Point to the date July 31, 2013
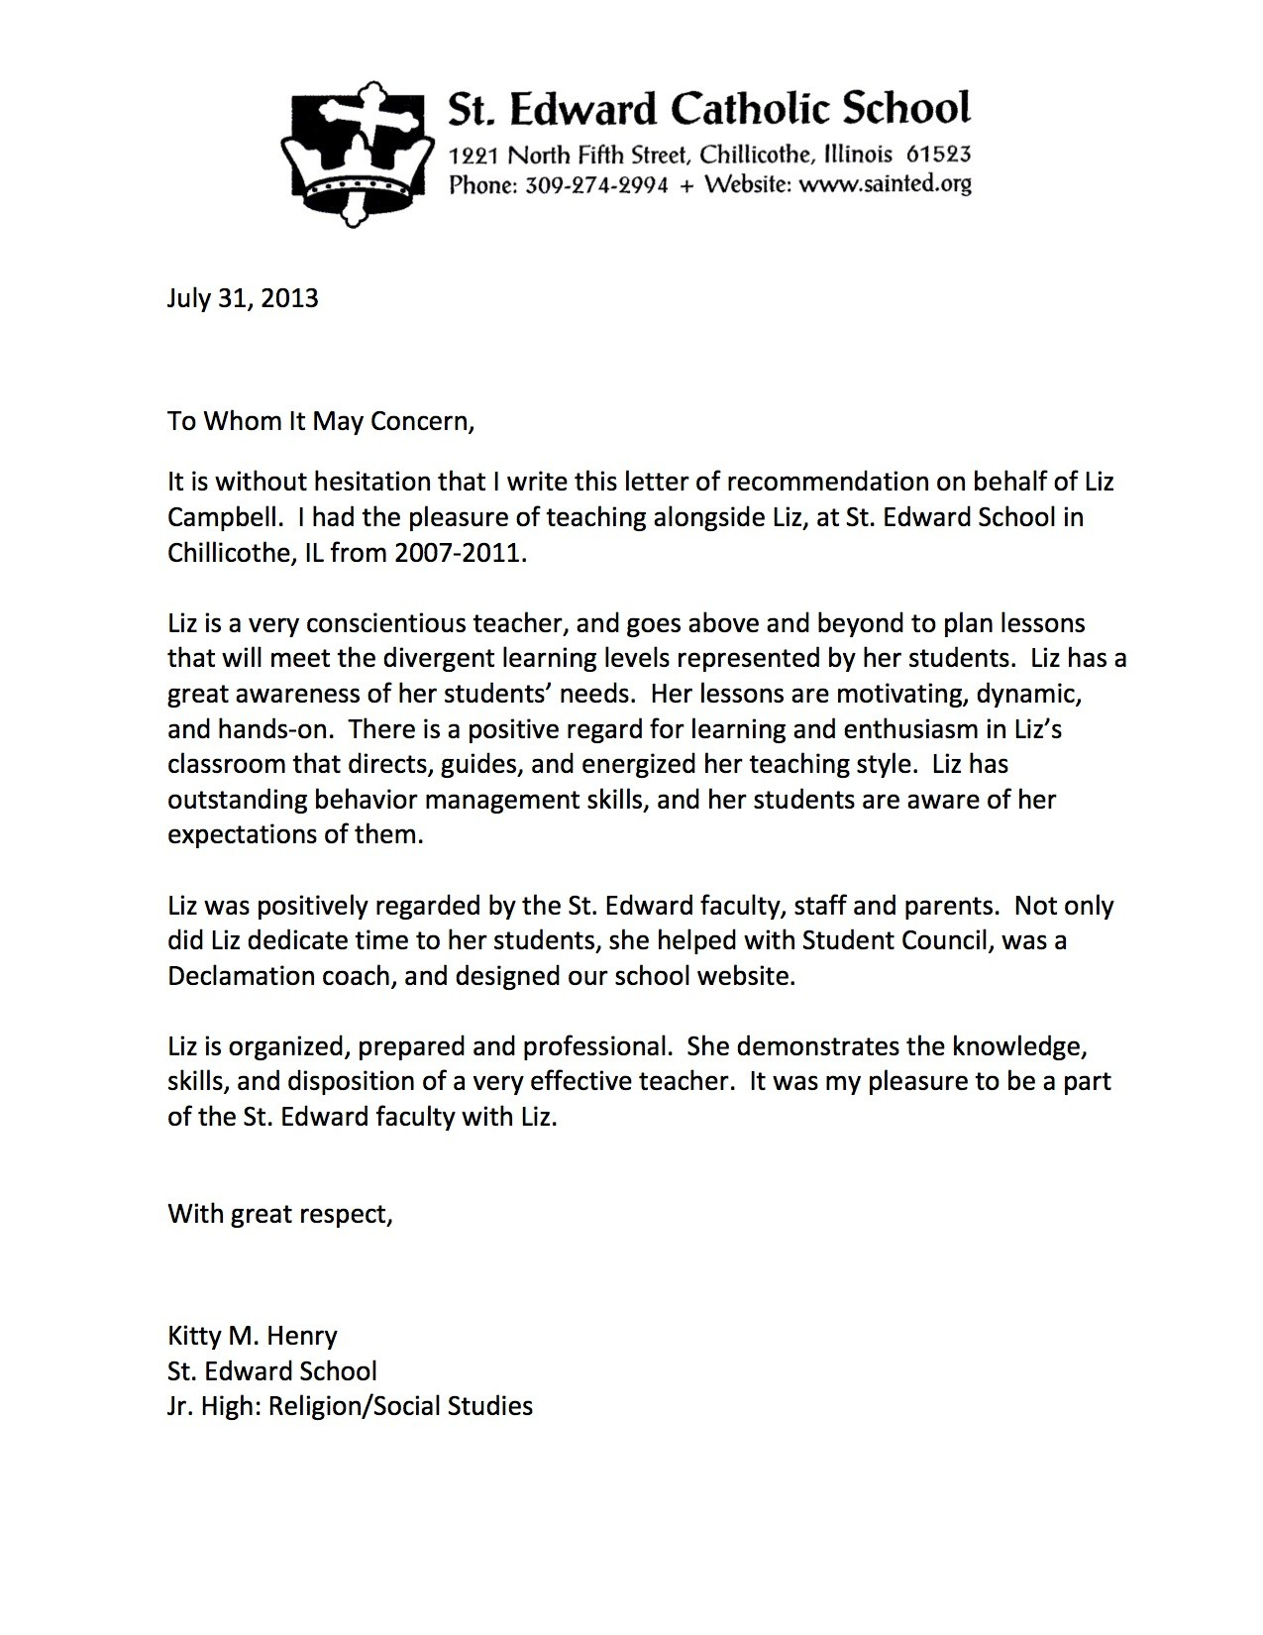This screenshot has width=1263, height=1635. pos(243,298)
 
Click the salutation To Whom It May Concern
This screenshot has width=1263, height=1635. pos(321,421)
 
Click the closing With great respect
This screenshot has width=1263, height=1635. pos(280,1214)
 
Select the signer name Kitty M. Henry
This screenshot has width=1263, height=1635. pos(253,1336)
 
